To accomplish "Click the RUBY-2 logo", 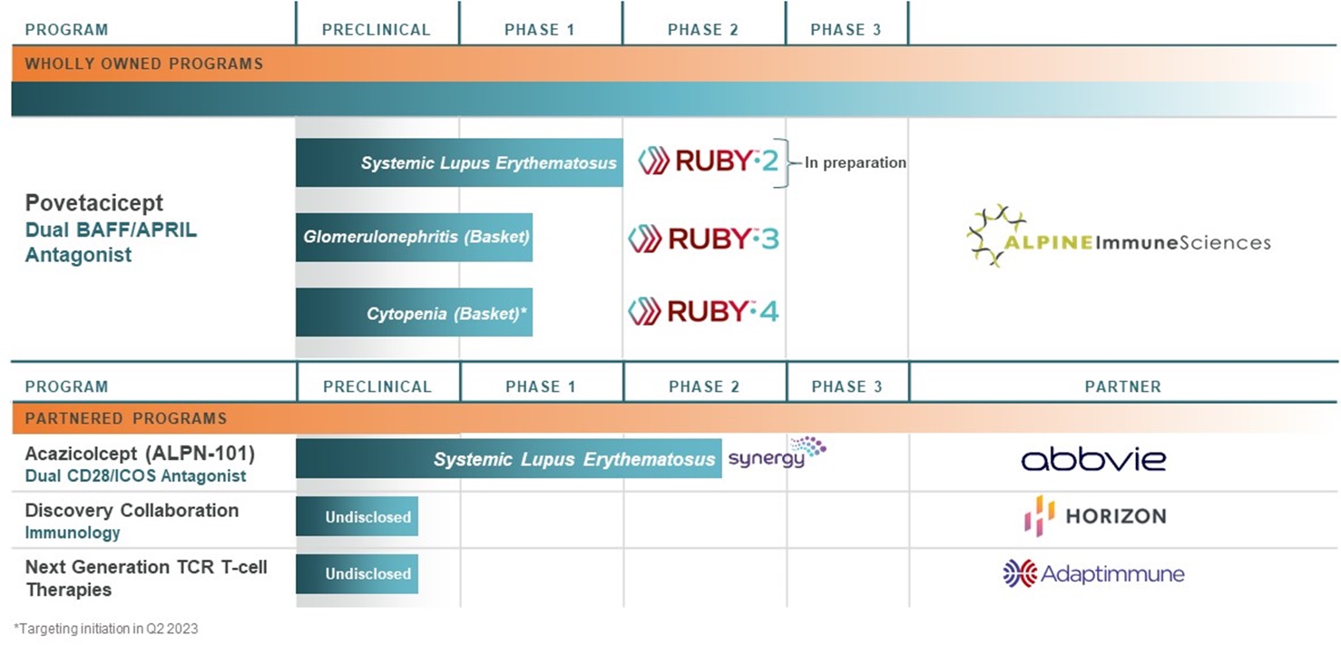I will click(708, 162).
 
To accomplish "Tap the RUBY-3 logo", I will click(703, 239).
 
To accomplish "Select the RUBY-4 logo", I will click(703, 312).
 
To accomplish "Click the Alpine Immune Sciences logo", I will click(1118, 238).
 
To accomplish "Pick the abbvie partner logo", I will click(1093, 458).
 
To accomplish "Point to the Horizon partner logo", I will click(1094, 516).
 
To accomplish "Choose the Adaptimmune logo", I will click(1093, 573).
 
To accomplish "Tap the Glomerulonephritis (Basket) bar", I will click(414, 238).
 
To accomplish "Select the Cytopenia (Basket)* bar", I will click(414, 313).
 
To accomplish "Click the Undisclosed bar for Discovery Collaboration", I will click(357, 517).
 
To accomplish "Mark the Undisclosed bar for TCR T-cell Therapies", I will click(357, 573).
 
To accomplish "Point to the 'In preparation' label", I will click(855, 163).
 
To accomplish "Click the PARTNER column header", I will click(1122, 387).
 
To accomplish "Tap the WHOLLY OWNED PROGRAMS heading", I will click(143, 64).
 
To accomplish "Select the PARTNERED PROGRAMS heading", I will click(125, 419).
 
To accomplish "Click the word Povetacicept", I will click(94, 203).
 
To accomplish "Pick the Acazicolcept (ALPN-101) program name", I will click(140, 454).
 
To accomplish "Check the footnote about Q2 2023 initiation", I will click(106, 629).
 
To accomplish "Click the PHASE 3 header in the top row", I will click(846, 30).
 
